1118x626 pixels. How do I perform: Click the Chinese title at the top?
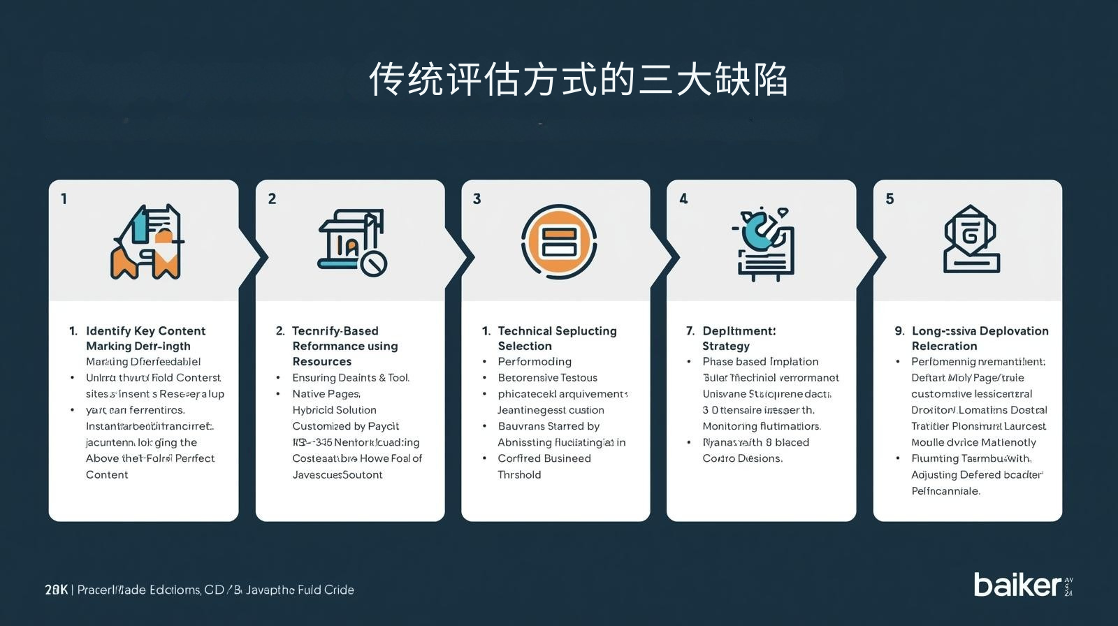tap(578, 80)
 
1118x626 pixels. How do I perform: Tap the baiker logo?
tap(1017, 584)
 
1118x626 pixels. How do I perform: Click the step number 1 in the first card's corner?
tap(64, 199)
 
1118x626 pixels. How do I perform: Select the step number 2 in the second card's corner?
tap(272, 199)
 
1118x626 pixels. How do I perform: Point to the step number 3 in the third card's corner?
tap(477, 199)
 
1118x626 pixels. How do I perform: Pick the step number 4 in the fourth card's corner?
tap(683, 199)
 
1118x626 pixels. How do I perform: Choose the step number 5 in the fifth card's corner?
tap(890, 199)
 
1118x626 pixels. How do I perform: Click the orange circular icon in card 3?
tap(558, 242)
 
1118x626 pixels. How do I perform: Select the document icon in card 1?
tap(147, 242)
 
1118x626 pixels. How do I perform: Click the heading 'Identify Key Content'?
tap(145, 331)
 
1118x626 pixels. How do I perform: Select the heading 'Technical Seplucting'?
tap(557, 331)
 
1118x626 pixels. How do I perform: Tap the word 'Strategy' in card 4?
tap(725, 347)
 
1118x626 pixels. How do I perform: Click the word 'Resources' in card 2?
tap(321, 362)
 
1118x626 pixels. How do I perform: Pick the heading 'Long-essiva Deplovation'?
tap(980, 331)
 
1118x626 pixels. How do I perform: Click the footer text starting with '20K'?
tap(199, 590)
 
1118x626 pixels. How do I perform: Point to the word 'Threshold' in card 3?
tap(519, 475)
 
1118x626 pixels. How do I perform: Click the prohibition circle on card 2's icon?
tap(373, 263)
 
